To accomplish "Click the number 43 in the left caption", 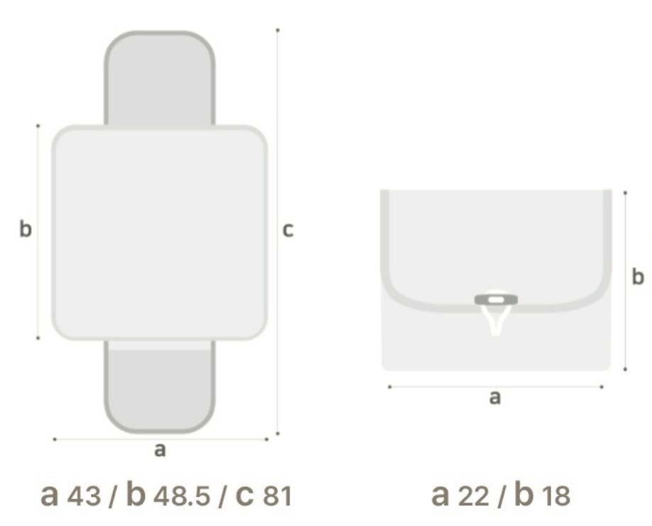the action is (x=84, y=495).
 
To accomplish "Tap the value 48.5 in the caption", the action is (x=182, y=495).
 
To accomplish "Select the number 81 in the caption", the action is (x=278, y=495).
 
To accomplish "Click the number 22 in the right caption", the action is (x=473, y=495).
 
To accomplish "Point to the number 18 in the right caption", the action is (x=556, y=495).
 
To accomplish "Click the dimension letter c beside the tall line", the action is (x=288, y=230).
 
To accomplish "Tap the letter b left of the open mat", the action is (x=26, y=229).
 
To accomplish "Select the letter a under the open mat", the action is (x=160, y=450).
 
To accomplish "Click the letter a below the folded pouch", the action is (x=494, y=398).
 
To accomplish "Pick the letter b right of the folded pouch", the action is (x=638, y=276).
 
